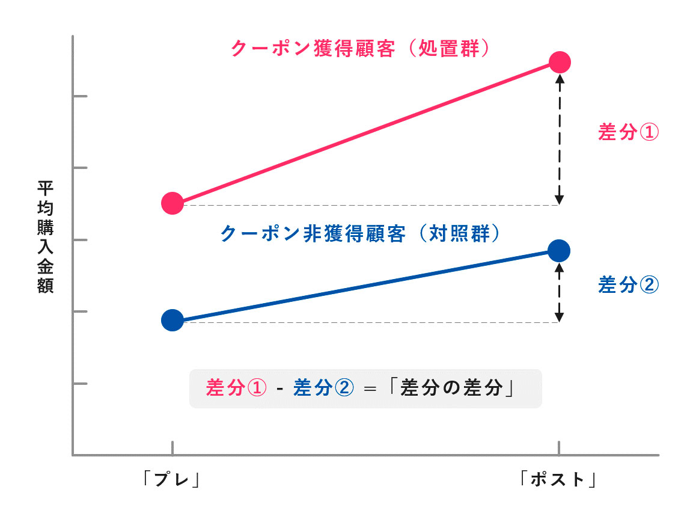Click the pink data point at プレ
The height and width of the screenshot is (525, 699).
(x=172, y=203)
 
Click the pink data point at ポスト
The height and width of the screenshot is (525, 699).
(x=560, y=62)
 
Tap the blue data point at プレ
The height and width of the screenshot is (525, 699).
(x=172, y=320)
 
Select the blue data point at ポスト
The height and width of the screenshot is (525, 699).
(x=560, y=250)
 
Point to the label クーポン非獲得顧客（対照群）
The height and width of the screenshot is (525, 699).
(x=361, y=233)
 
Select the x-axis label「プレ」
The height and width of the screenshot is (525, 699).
(x=172, y=479)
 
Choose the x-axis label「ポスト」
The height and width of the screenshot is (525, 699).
(x=559, y=479)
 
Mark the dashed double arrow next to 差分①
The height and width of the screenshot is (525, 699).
(x=560, y=138)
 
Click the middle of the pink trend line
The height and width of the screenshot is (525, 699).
(x=366, y=133)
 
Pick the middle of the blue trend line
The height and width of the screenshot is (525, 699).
(x=366, y=285)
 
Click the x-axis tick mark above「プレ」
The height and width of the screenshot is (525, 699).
(x=172, y=449)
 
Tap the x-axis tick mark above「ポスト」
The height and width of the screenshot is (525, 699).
(x=560, y=449)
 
